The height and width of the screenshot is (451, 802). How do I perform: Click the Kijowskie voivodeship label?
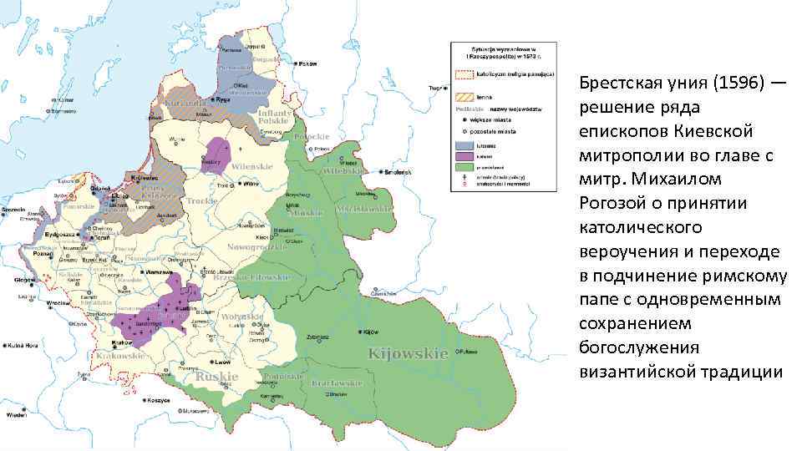point(409,353)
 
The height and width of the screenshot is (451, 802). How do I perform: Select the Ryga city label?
point(221,99)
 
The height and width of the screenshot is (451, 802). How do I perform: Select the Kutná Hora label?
point(24,344)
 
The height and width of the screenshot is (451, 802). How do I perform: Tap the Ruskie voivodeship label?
point(216,377)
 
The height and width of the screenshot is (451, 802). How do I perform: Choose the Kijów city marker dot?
point(363,331)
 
